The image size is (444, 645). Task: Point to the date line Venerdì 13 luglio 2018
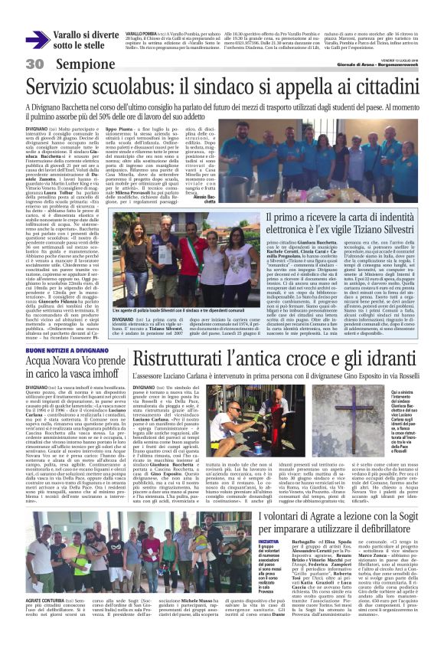[399, 58]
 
